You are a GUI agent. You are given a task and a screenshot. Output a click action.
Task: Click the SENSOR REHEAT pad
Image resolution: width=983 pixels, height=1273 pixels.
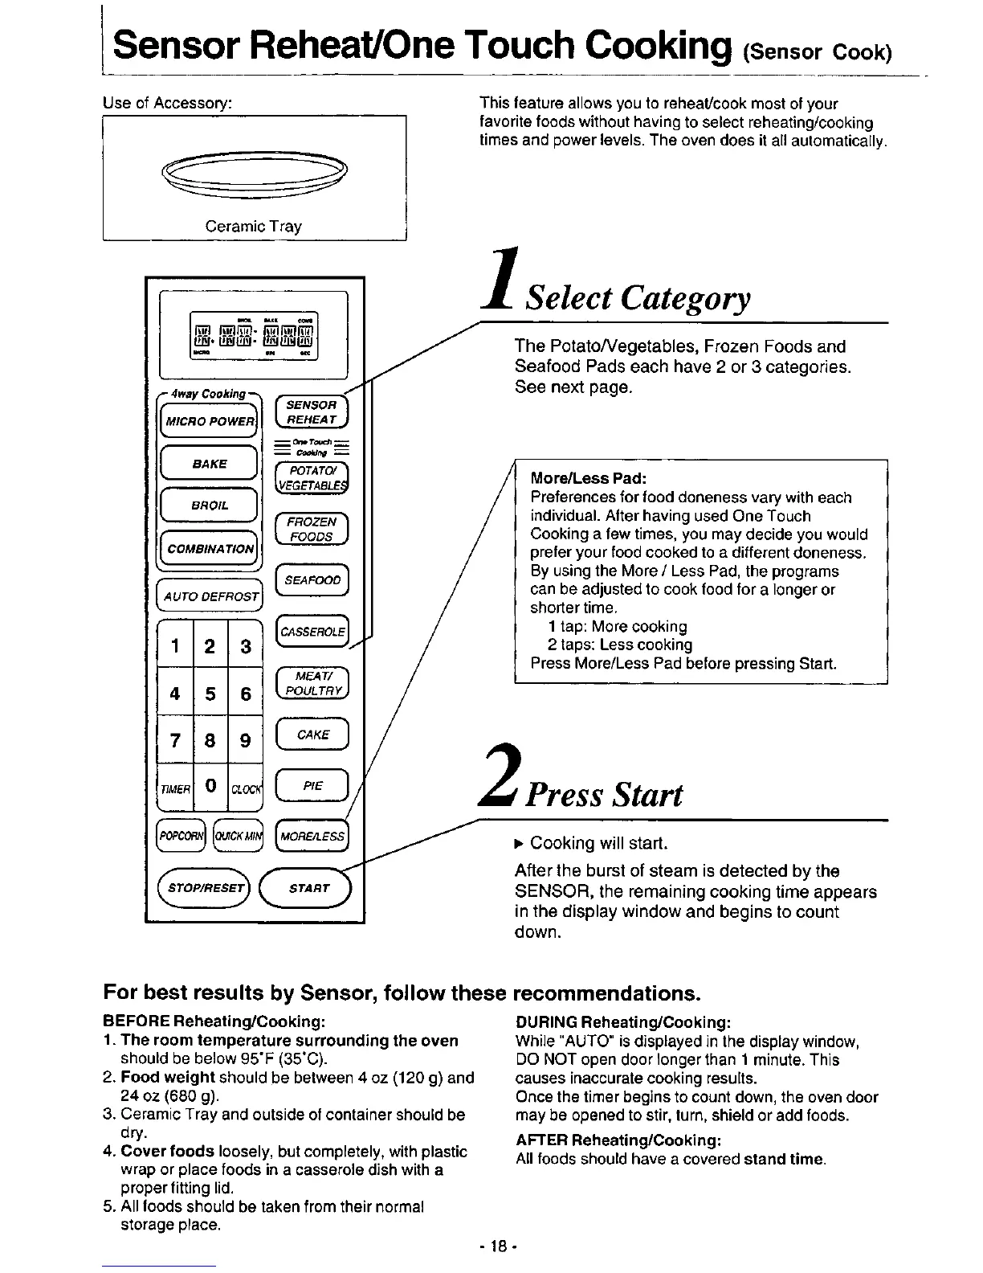pyautogui.click(x=311, y=412)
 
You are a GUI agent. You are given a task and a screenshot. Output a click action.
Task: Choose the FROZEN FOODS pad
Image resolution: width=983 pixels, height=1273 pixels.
pyautogui.click(x=312, y=529)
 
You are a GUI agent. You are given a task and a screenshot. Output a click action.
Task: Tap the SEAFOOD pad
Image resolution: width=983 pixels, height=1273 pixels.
pyautogui.click(x=312, y=580)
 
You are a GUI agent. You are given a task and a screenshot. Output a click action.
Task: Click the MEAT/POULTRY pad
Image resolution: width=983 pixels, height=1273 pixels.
pyautogui.click(x=312, y=685)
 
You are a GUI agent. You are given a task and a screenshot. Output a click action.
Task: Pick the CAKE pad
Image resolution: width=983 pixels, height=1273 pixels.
pyautogui.click(x=312, y=735)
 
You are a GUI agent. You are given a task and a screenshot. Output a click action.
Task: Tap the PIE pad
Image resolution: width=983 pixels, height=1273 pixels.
pyautogui.click(x=312, y=786)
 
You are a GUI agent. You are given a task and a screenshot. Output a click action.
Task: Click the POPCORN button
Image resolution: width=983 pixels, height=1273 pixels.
pyautogui.click(x=182, y=836)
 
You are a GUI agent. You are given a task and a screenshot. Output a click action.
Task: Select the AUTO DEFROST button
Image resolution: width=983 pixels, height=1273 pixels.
pyautogui.click(x=210, y=596)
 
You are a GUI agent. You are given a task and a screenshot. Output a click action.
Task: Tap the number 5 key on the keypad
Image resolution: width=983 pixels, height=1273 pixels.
pyautogui.click(x=210, y=693)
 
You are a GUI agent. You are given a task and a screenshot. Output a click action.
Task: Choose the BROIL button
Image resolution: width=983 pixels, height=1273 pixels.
pyautogui.click(x=209, y=506)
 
